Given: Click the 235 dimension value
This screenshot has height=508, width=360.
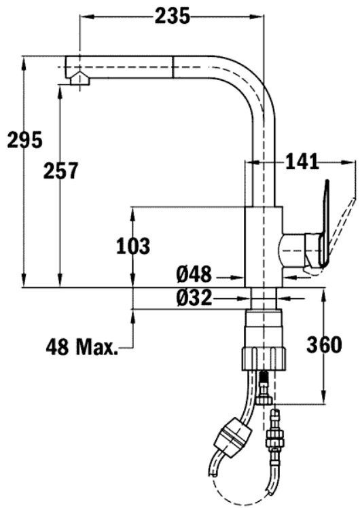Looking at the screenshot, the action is click(x=172, y=16).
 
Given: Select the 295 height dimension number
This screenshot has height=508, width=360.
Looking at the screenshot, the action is click(x=25, y=140).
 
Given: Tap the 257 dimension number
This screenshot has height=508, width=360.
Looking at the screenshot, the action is click(x=61, y=170).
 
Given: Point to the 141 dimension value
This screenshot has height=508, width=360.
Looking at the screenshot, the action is click(x=302, y=162).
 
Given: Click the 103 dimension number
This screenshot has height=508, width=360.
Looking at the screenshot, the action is click(x=133, y=246).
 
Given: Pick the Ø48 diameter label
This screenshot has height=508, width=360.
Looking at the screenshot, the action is click(x=194, y=274).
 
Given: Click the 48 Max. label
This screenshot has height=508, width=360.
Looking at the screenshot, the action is click(x=82, y=347).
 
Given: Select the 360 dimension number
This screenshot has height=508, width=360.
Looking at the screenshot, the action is click(x=324, y=345).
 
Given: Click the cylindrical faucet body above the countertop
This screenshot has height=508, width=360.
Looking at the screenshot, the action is click(x=264, y=247).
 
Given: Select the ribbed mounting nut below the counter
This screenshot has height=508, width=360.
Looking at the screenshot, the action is click(x=264, y=359).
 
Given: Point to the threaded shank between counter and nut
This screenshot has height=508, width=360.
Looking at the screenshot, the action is click(x=264, y=298).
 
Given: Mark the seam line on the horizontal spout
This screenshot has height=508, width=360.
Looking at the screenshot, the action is click(x=173, y=67).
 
